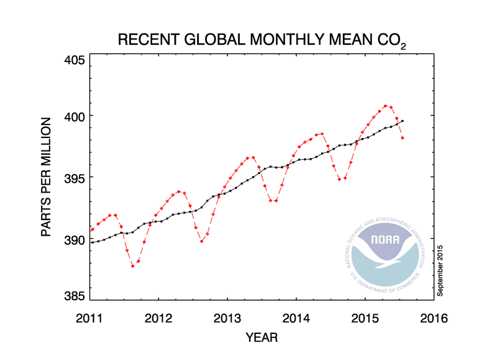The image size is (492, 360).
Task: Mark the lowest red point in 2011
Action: [132, 266]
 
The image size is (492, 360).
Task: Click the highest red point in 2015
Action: [386, 106]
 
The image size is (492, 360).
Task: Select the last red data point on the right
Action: [403, 137]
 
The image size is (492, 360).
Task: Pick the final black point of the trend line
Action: [403, 121]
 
